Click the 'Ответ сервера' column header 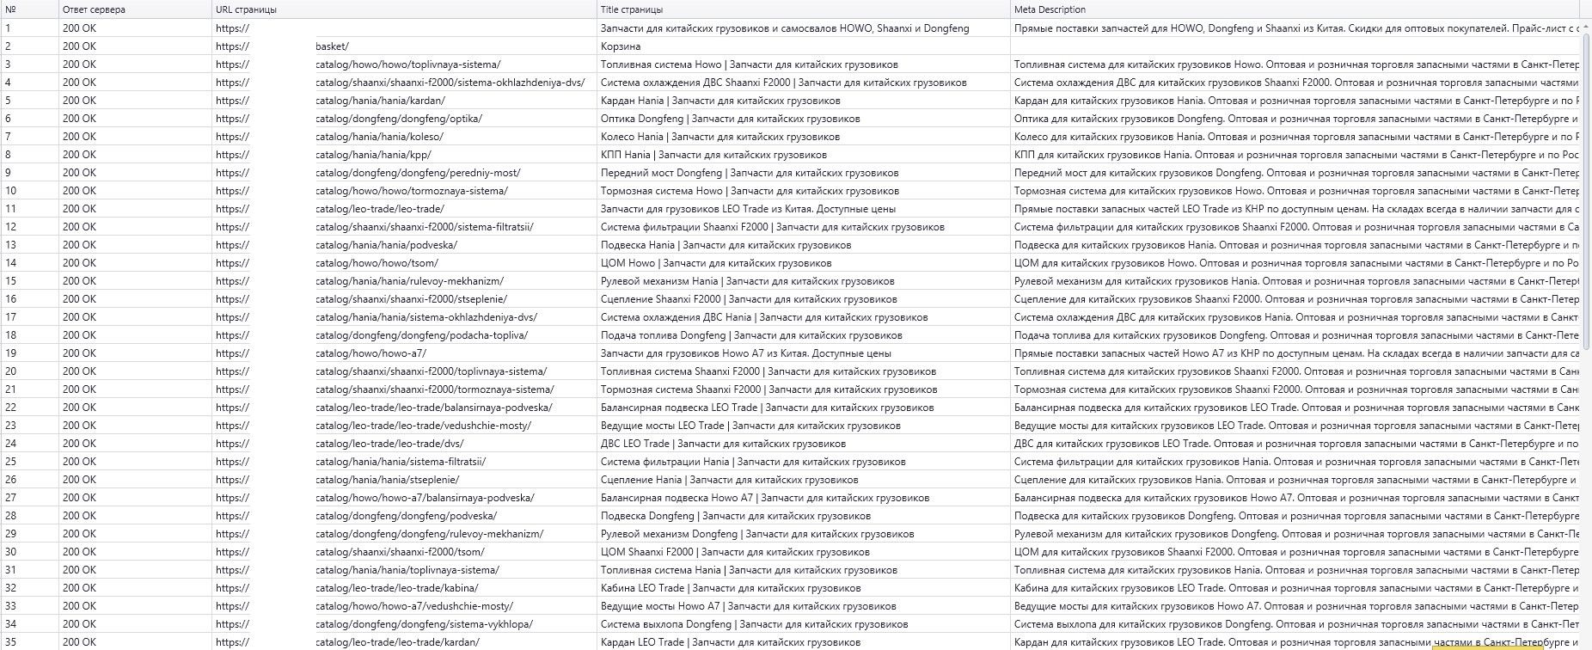click(94, 9)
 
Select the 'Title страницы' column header click(632, 9)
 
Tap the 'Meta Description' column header click(1050, 9)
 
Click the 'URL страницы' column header click(247, 9)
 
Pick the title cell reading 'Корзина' click(621, 46)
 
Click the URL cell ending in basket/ click(332, 46)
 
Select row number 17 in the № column click(11, 317)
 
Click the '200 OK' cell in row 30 click(79, 552)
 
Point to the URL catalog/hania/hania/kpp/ click(373, 155)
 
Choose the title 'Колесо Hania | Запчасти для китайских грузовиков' click(720, 137)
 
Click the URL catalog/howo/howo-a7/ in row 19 click(370, 353)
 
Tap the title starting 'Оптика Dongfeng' click(730, 119)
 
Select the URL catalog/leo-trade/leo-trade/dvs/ click(389, 444)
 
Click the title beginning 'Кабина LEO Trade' click(731, 588)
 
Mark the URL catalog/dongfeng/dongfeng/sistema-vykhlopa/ click(424, 624)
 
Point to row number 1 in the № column click(9, 28)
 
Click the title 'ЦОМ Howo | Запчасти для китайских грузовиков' click(716, 263)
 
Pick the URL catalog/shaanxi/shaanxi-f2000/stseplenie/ click(411, 299)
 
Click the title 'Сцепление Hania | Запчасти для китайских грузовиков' click(729, 480)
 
